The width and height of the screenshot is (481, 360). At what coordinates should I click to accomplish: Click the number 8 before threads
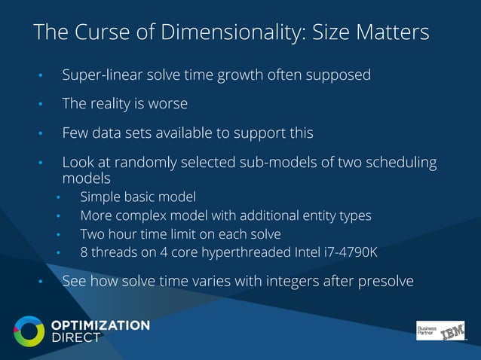pyautogui.click(x=84, y=252)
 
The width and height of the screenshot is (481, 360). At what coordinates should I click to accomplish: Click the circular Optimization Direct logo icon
pyautogui.click(x=29, y=331)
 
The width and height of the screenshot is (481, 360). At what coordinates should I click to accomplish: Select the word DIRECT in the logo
pyautogui.click(x=75, y=338)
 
